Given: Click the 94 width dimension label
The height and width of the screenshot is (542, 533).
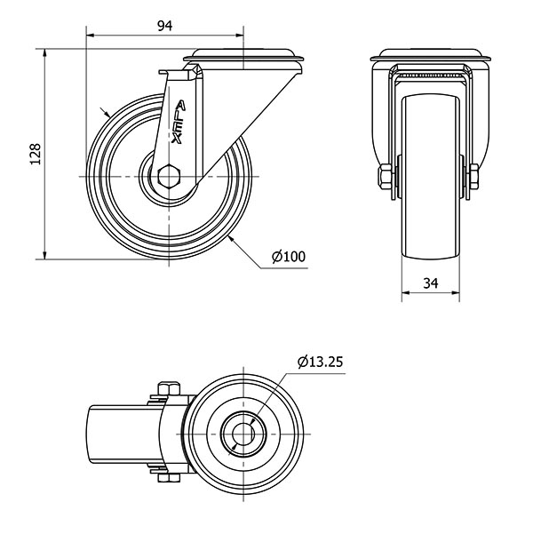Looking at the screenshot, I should [x=163, y=26].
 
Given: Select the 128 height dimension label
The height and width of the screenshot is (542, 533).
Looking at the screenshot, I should [x=34, y=155].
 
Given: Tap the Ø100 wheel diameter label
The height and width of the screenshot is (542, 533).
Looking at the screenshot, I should [x=289, y=257].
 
